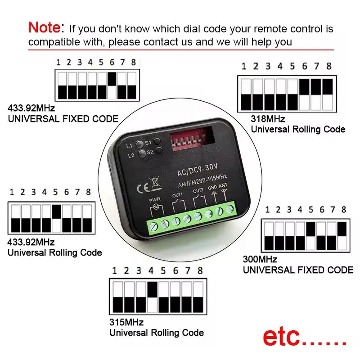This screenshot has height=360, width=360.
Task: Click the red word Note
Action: (x=44, y=27)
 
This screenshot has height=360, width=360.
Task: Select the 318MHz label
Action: (x=268, y=119)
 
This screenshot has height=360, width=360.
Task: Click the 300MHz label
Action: (x=260, y=259)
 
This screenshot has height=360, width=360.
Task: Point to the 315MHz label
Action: (x=126, y=322)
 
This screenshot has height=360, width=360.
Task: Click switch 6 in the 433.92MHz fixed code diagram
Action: (x=112, y=85)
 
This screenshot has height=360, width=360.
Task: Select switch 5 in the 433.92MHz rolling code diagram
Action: (x=57, y=218)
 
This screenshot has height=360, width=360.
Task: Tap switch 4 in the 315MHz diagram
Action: (x=152, y=297)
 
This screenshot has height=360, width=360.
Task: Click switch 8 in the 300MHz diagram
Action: (x=342, y=236)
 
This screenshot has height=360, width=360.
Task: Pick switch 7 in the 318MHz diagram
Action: (x=316, y=94)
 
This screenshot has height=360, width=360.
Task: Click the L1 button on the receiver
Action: (x=139, y=144)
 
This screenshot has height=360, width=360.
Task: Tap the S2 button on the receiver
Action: (x=159, y=151)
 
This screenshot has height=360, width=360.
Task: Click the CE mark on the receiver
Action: (x=143, y=189)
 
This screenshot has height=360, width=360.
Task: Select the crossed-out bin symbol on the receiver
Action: (x=155, y=184)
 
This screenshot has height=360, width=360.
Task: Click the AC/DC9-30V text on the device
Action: (x=197, y=170)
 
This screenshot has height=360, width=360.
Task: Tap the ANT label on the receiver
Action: (x=223, y=185)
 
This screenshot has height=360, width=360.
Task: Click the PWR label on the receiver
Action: (x=155, y=200)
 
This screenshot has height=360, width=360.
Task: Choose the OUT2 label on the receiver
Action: (x=198, y=190)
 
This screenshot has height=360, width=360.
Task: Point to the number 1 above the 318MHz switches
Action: (x=244, y=66)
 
